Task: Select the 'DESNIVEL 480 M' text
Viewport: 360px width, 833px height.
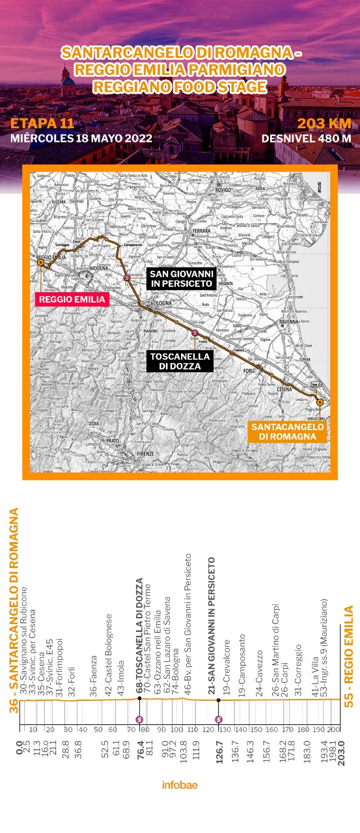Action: coord(306,138)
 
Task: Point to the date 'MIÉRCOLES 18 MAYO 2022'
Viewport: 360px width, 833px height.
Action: coord(81,138)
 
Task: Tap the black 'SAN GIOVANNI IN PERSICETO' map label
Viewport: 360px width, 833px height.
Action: coord(180,278)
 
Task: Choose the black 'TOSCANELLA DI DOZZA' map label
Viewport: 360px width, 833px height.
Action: coord(180,361)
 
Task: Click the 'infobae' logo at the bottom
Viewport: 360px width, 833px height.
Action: coord(180,784)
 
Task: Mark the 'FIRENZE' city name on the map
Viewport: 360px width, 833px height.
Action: coord(147,453)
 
